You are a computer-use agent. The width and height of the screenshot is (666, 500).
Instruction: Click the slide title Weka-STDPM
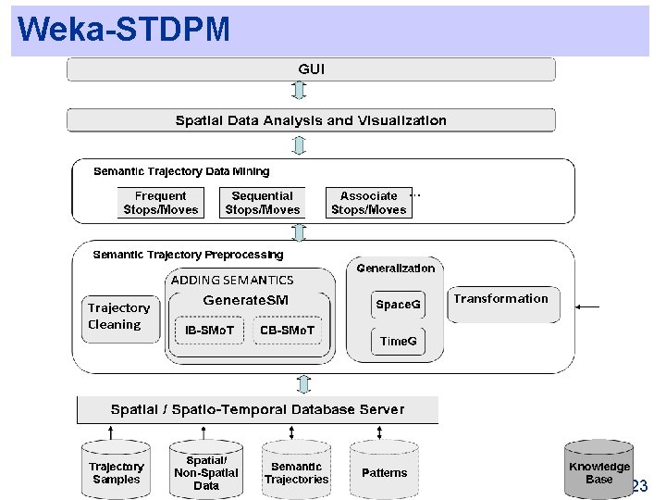tap(123, 30)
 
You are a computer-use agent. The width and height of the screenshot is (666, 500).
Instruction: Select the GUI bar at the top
tap(311, 69)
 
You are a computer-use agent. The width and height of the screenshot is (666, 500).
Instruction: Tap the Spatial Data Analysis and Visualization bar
tap(311, 120)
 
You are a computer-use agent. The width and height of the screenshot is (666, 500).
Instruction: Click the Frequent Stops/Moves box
tap(161, 203)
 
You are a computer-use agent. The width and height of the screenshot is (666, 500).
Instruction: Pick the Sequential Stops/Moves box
tap(263, 203)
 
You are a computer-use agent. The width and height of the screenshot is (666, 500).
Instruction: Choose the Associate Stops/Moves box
tap(368, 203)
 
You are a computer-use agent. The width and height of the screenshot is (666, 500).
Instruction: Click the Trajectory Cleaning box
tap(118, 316)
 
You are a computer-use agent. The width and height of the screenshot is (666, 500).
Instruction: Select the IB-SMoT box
tap(210, 331)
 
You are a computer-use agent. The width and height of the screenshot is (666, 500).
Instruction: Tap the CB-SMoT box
tap(288, 331)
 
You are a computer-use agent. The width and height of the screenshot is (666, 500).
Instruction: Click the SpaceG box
tap(398, 305)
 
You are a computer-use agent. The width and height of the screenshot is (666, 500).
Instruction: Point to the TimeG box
tap(399, 341)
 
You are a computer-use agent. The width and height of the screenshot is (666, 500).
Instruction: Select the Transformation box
tap(501, 300)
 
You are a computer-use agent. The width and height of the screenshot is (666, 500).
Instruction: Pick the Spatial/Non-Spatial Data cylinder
tap(206, 472)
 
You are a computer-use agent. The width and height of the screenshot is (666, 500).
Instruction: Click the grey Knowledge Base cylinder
tap(598, 472)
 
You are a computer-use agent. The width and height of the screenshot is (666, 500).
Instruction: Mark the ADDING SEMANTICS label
tap(232, 280)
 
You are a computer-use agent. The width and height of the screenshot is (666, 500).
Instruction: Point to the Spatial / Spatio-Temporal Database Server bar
tap(257, 409)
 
